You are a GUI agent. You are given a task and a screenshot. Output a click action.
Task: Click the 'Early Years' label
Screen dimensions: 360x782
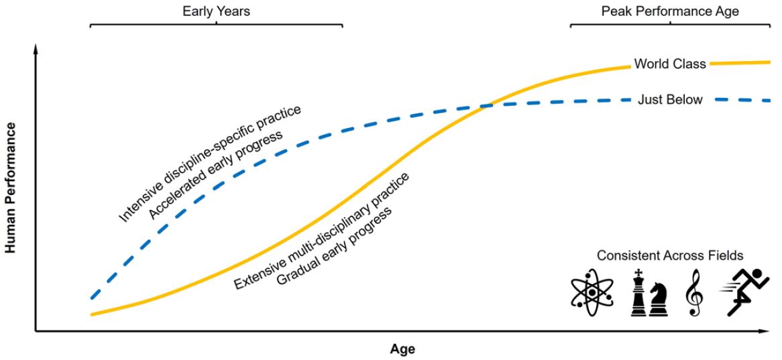click(x=216, y=11)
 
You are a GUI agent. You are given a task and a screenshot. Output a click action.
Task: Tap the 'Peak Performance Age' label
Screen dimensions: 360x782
click(x=670, y=11)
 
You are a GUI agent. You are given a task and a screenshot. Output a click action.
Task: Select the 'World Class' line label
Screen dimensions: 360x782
click(x=669, y=64)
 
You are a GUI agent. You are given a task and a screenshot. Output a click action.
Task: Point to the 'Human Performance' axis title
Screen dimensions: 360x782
click(x=11, y=188)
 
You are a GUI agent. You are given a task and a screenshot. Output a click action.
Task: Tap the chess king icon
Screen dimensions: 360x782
click(x=638, y=294)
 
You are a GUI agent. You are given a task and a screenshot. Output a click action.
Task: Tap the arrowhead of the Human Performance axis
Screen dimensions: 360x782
click(x=35, y=48)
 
